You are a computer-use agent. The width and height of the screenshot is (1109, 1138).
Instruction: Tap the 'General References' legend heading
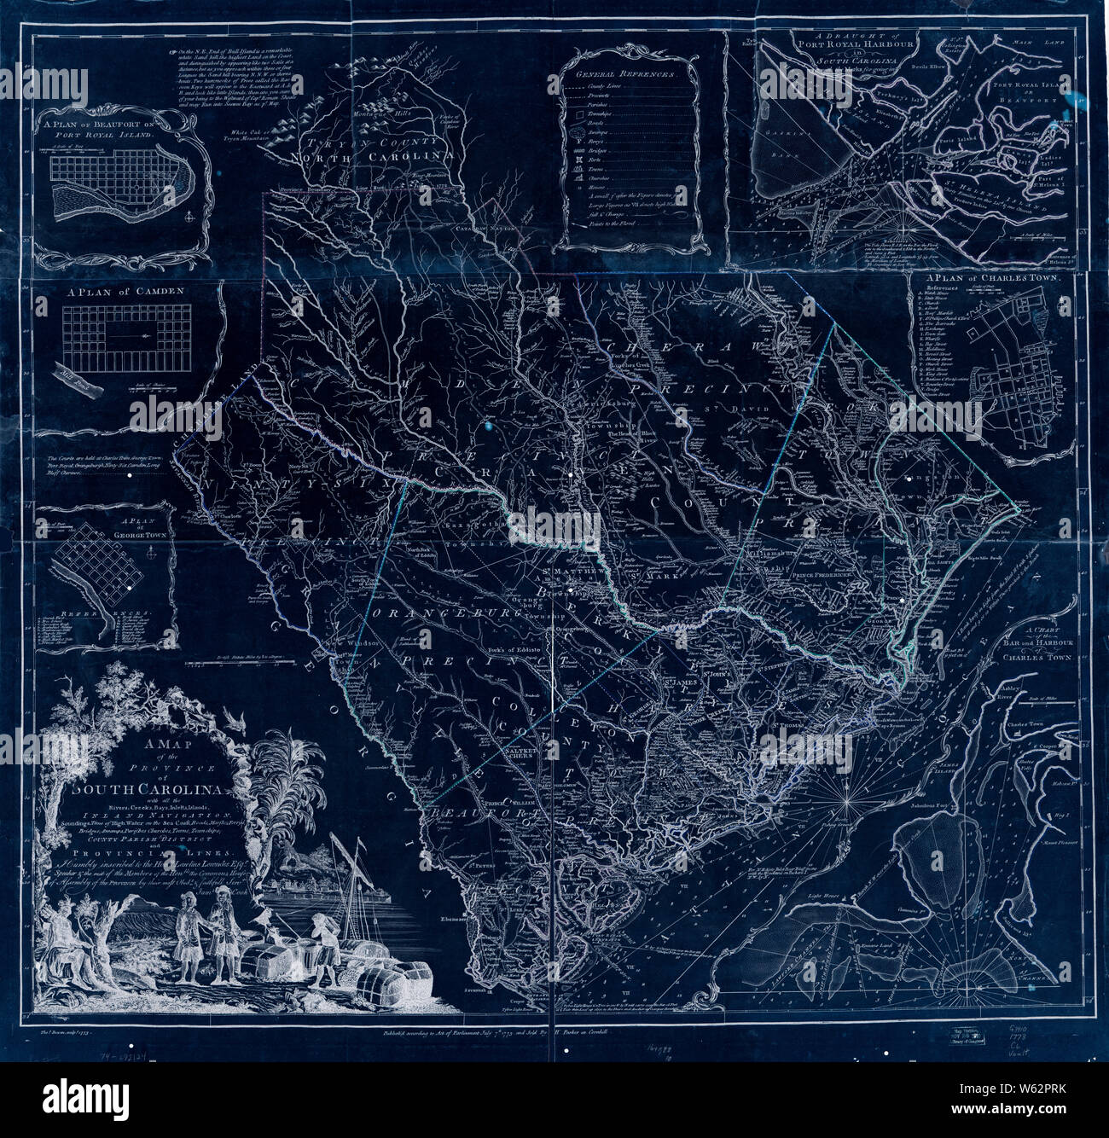pos(628,74)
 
